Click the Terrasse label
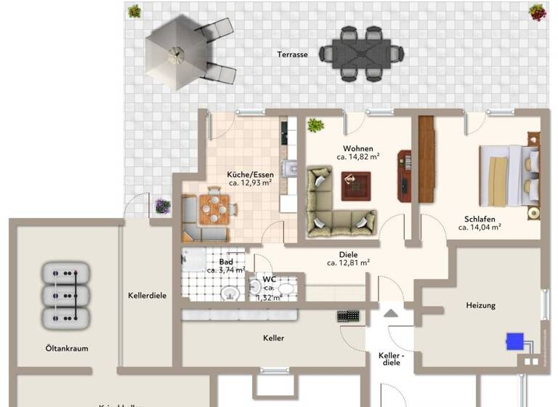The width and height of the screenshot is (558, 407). pyautogui.click(x=292, y=55)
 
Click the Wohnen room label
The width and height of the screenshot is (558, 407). pyautogui.click(x=358, y=148)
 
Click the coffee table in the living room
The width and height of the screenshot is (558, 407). pyautogui.click(x=355, y=186)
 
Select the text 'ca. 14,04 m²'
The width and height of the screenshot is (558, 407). pyautogui.click(x=480, y=227)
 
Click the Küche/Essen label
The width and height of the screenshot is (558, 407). pyautogui.click(x=249, y=174)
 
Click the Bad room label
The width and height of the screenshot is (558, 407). pyautogui.click(x=225, y=262)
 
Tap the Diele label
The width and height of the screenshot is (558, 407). pyautogui.click(x=349, y=254)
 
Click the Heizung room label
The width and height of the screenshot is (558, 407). pyautogui.click(x=480, y=305)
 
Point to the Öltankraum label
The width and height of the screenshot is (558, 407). pyautogui.click(x=66, y=348)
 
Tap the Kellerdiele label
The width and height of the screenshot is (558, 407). pyautogui.click(x=147, y=296)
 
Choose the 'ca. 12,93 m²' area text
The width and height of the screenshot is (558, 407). pyautogui.click(x=249, y=184)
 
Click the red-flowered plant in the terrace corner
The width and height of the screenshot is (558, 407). pyautogui.click(x=537, y=12)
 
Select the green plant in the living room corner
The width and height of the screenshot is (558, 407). pyautogui.click(x=315, y=125)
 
